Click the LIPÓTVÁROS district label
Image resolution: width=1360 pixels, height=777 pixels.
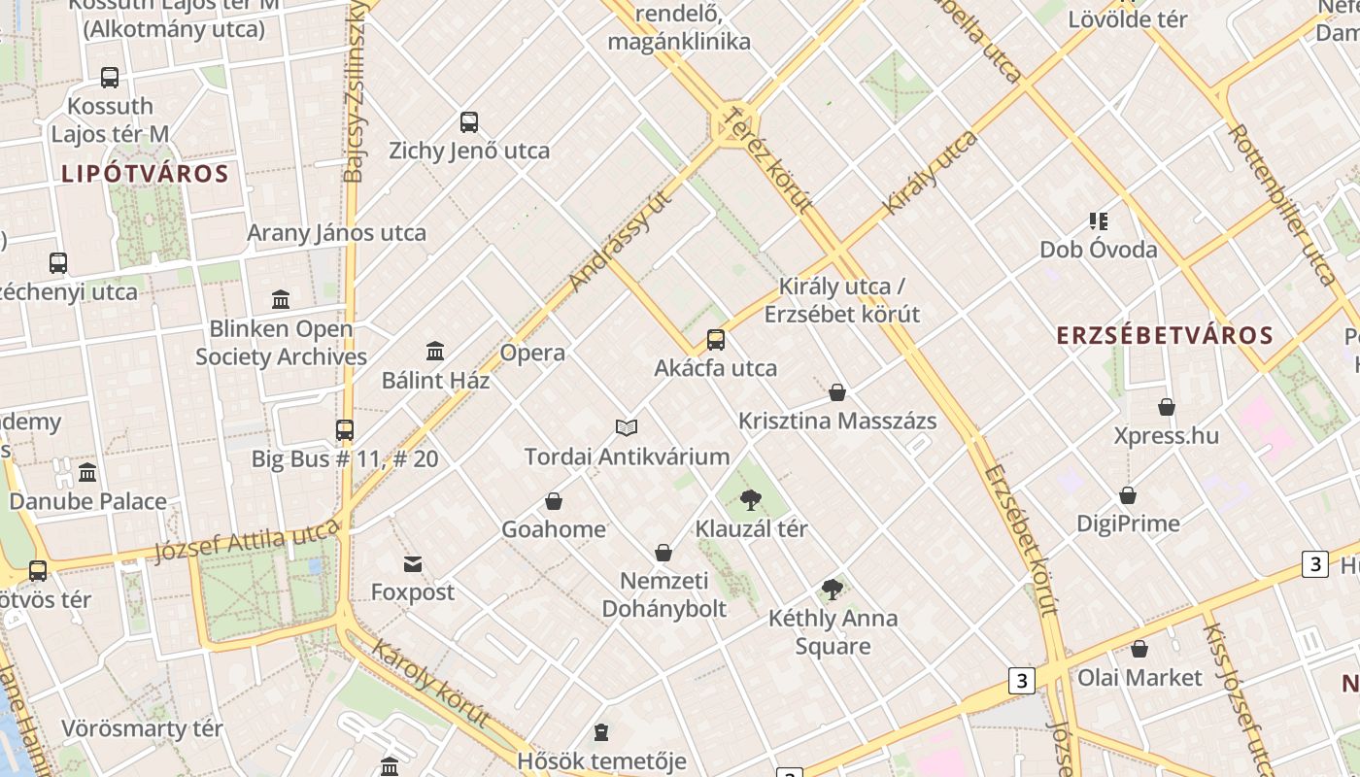click(145, 175)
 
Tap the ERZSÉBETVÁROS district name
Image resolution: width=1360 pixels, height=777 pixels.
click(1165, 336)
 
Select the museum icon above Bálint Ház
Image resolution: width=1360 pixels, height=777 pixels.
click(435, 351)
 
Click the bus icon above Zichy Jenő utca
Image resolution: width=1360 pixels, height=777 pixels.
click(469, 122)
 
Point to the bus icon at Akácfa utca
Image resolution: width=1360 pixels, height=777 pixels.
click(716, 339)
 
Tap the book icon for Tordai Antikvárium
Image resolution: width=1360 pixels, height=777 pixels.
click(627, 427)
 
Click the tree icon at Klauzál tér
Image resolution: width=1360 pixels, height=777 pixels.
click(750, 500)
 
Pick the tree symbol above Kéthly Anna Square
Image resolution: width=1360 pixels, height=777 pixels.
click(832, 589)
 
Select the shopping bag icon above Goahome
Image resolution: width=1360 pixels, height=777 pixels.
click(554, 501)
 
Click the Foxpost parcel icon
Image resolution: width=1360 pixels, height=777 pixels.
click(413, 564)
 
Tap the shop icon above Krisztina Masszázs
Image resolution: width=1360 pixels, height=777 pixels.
click(837, 392)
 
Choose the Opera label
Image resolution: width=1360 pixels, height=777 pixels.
click(532, 353)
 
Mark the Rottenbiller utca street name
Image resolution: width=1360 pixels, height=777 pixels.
click(1282, 204)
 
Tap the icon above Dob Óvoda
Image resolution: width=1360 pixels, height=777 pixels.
click(1099, 221)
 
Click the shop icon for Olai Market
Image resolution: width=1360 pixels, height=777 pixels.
click(1139, 649)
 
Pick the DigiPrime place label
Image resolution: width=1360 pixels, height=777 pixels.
click(1128, 524)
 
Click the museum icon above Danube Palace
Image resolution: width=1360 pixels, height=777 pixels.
click(87, 473)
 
